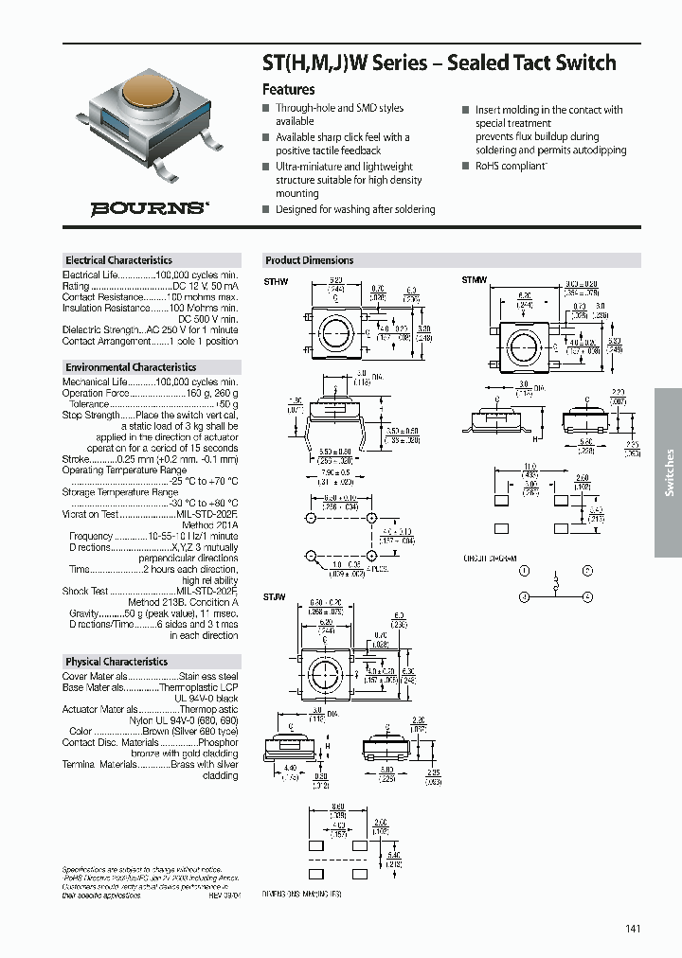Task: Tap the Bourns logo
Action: [150, 208]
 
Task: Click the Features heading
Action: [288, 89]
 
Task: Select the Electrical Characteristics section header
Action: [118, 260]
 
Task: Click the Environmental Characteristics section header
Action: [131, 367]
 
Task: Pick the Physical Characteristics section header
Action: [117, 662]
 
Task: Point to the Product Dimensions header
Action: [309, 260]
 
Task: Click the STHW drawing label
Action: [275, 281]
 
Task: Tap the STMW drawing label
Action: [474, 280]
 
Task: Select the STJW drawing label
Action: [275, 595]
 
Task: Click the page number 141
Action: [633, 929]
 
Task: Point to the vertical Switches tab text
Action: [669, 471]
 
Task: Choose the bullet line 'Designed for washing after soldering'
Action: [355, 209]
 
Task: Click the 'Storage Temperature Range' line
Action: [119, 492]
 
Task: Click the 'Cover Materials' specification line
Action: [150, 677]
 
